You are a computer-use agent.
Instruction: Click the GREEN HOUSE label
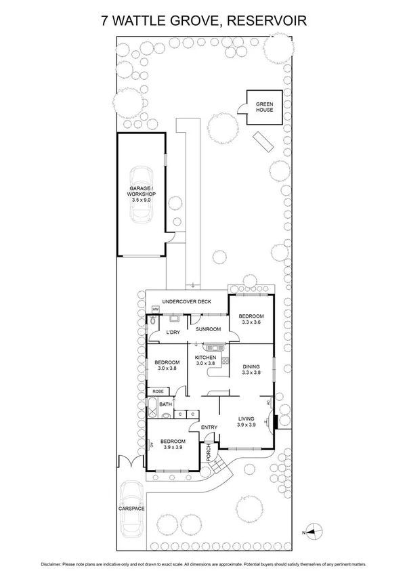pos(264,106)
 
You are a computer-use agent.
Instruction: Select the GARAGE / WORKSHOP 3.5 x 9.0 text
pos(142,194)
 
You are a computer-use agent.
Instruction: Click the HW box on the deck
pos(155,310)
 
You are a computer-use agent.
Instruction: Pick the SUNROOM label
pos(208,329)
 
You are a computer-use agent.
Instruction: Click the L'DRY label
pos(173,332)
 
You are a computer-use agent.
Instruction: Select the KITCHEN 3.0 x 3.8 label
pos(205,360)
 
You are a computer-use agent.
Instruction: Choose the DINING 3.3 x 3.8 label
pos(251,369)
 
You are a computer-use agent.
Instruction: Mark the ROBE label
pos(158,391)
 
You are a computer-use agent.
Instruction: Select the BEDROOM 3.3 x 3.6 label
pos(251,320)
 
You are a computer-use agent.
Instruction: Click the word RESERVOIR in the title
pos(268,21)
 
